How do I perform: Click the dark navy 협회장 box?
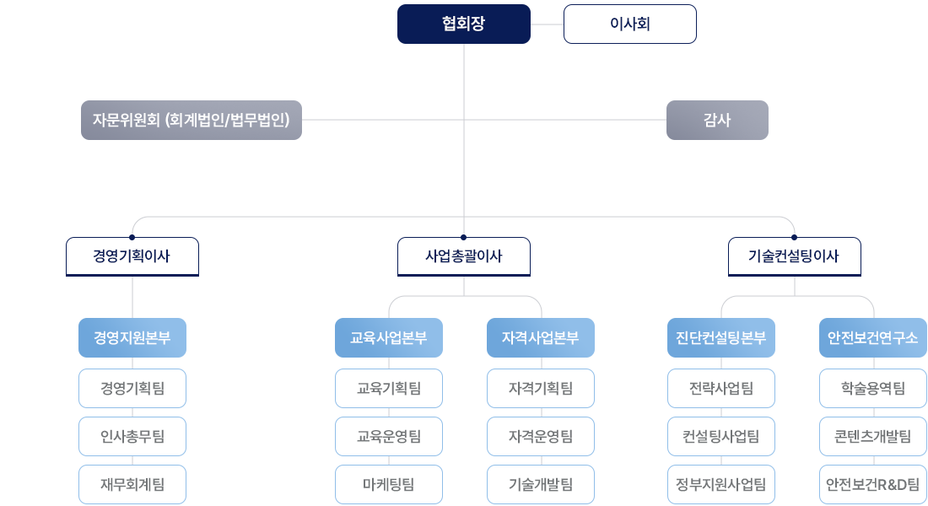(464, 24)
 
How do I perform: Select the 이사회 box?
(629, 24)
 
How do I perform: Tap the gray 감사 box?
(717, 120)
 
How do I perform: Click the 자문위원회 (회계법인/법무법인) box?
(191, 120)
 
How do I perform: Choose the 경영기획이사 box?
(132, 256)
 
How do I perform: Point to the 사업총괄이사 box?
(464, 256)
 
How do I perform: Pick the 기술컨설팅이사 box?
(794, 256)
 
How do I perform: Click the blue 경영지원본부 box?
(132, 338)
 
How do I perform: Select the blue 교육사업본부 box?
(389, 338)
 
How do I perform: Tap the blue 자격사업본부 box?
(541, 338)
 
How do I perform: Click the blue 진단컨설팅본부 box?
(721, 338)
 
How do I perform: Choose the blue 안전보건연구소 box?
(873, 338)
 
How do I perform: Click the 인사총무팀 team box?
(132, 436)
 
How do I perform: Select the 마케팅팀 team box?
(389, 484)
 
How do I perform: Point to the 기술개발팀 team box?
(541, 484)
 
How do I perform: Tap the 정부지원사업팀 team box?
(721, 484)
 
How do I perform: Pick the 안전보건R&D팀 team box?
(873, 484)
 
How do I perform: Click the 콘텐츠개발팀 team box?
(873, 436)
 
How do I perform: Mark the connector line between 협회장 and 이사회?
(547, 24)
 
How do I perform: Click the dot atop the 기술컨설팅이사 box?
(794, 237)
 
